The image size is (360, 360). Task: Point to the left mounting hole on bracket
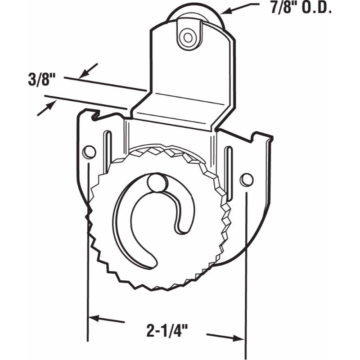(89, 152)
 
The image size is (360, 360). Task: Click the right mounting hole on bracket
(246, 180)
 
